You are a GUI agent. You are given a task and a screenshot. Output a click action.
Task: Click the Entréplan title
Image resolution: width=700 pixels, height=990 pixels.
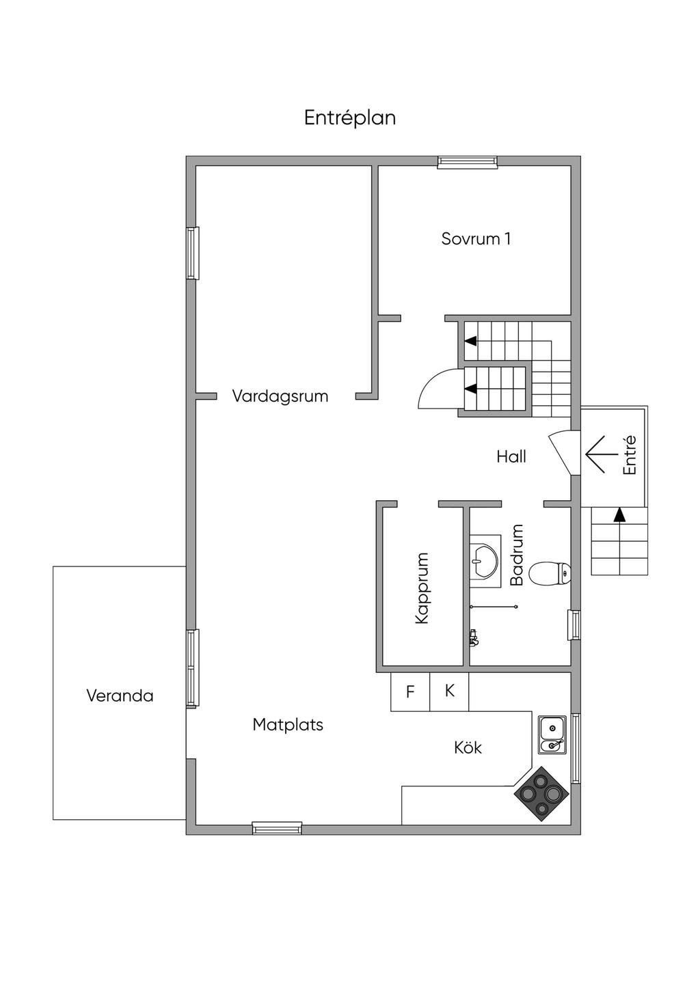pyautogui.click(x=350, y=118)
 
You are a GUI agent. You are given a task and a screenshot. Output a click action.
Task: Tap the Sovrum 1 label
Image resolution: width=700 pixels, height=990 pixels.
pyautogui.click(x=476, y=238)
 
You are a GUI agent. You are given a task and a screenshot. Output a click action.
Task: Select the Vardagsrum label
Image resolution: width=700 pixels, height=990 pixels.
pyautogui.click(x=280, y=396)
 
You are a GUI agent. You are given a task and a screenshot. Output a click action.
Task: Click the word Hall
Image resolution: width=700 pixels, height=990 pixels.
pyautogui.click(x=511, y=456)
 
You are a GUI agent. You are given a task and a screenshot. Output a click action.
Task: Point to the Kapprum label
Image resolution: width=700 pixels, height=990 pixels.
pyautogui.click(x=422, y=588)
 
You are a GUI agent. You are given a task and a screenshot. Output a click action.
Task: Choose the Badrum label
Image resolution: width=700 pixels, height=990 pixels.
pyautogui.click(x=517, y=555)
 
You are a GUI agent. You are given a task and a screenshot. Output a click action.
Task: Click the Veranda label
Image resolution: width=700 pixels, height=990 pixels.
pyautogui.click(x=120, y=696)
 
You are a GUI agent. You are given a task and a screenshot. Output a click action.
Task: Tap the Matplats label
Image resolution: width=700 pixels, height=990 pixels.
pyautogui.click(x=288, y=724)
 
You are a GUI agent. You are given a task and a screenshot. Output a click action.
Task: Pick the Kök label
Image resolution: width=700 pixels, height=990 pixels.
pyautogui.click(x=468, y=747)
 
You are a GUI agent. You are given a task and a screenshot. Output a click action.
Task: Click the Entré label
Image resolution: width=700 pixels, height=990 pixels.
pyautogui.click(x=630, y=455)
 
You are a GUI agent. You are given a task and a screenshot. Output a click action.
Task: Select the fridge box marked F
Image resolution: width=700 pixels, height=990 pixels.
pyautogui.click(x=410, y=691)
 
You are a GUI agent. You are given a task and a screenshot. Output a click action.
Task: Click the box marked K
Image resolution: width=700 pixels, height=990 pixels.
pyautogui.click(x=449, y=691)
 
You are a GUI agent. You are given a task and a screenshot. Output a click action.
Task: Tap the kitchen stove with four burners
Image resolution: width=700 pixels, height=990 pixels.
pyautogui.click(x=541, y=793)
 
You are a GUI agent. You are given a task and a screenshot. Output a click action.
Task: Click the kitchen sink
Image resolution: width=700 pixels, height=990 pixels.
pyautogui.click(x=552, y=734)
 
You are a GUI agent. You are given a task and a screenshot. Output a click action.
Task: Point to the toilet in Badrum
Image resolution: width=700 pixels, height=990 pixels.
pyautogui.click(x=550, y=573)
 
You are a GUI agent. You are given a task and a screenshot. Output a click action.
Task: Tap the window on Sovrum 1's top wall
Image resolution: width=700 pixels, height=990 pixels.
pyautogui.click(x=468, y=162)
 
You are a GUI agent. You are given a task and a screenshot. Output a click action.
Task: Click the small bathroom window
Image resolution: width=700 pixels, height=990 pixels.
pyautogui.click(x=574, y=624)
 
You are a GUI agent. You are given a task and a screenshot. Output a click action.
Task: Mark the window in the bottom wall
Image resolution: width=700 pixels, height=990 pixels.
pyautogui.click(x=277, y=828)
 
